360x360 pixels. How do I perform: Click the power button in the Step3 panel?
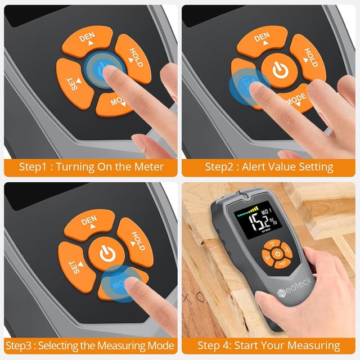point(107,253)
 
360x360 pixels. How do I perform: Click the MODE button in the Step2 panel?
point(292,100)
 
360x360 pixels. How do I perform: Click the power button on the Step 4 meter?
point(278,254)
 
